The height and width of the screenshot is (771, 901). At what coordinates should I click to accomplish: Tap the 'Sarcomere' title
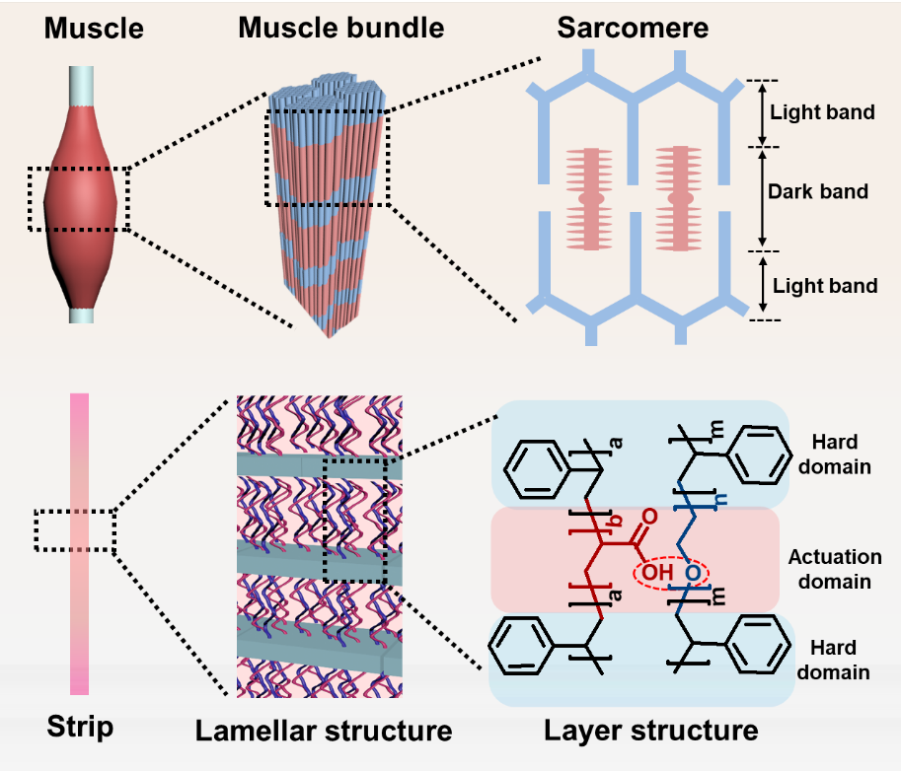632,29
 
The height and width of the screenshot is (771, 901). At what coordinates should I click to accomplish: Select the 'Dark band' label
818,192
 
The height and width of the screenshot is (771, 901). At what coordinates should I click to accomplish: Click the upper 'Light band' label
823,112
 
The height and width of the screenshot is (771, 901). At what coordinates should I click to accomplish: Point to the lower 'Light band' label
825,287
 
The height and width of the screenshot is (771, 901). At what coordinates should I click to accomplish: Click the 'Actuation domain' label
829,569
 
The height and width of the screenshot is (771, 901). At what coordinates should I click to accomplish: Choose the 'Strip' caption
80,729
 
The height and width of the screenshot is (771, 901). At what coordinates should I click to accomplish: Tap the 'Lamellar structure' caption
323,731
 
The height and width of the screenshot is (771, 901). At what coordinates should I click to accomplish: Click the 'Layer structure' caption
651,731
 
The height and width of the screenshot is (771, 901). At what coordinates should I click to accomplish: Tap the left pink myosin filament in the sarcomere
591,197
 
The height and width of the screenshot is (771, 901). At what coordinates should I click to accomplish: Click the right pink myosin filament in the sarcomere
677,197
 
